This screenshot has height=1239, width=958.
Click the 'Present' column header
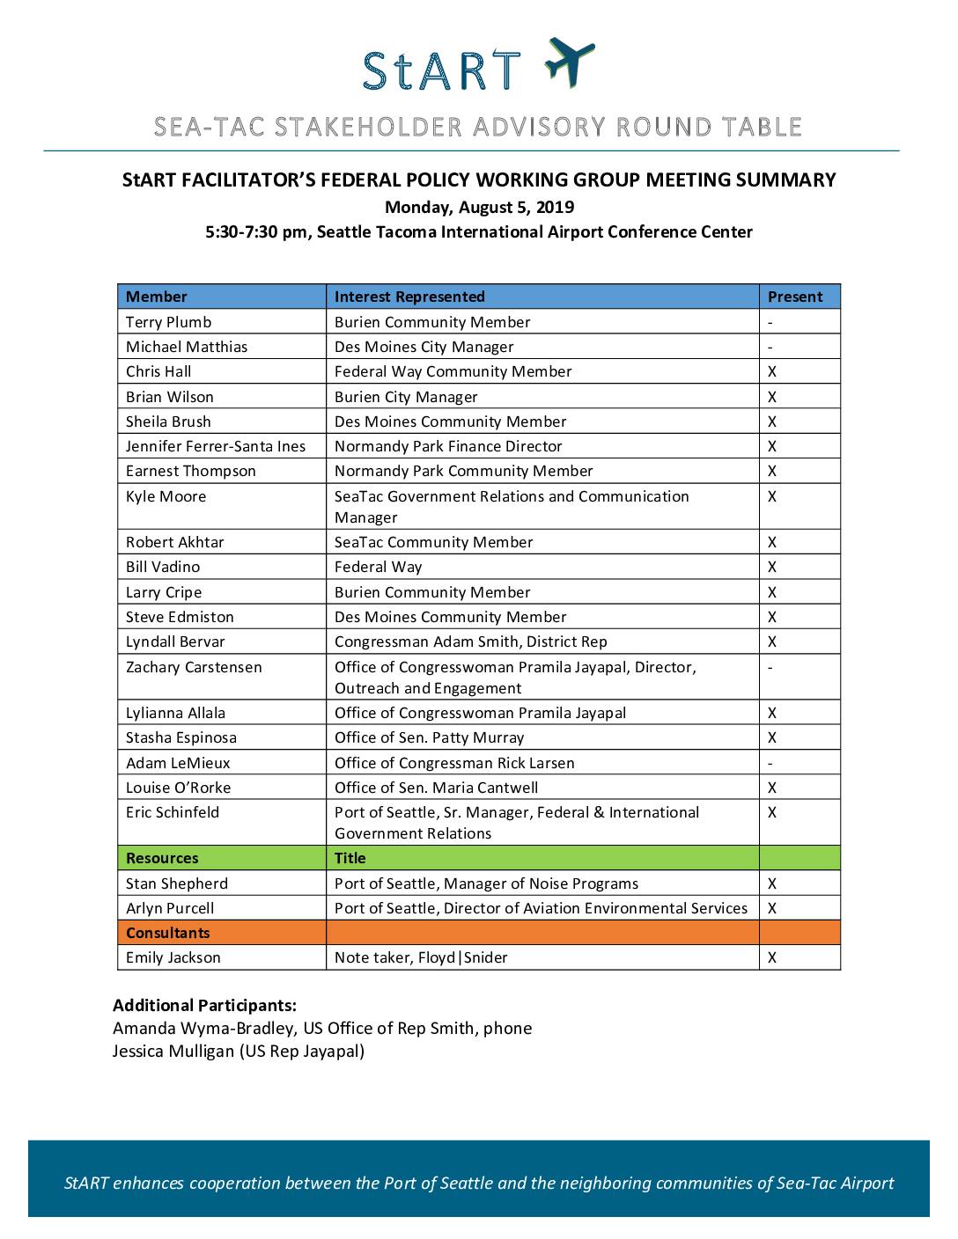(794, 297)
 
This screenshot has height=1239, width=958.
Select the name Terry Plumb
(168, 322)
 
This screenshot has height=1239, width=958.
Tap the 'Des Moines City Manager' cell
(424, 347)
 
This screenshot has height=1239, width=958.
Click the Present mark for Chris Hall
(772, 371)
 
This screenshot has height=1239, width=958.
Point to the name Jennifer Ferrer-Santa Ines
(216, 446)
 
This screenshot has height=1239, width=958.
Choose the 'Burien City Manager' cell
(406, 397)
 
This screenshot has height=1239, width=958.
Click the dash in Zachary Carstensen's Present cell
(770, 667)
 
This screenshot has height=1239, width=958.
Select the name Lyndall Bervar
(175, 641)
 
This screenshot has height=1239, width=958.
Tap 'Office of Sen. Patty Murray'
(429, 737)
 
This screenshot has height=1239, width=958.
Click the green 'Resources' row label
(162, 858)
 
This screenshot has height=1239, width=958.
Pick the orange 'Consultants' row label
(168, 933)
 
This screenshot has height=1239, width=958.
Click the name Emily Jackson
(173, 957)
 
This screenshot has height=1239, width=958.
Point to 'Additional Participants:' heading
(204, 1005)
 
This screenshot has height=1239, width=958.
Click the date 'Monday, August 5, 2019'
(479, 208)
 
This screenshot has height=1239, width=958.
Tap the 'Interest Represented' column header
(409, 297)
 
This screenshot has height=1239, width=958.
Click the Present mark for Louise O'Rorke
(772, 788)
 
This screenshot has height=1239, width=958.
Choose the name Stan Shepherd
(177, 883)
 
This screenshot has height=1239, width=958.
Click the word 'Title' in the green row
(350, 858)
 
